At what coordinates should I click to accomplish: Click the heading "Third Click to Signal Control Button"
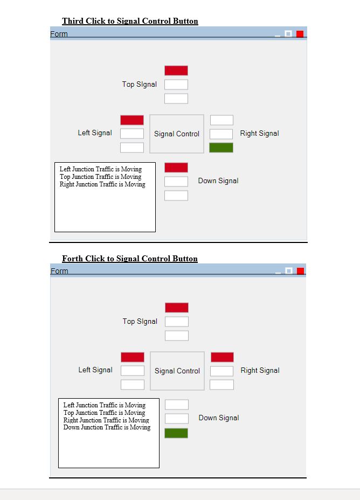pyautogui.click(x=130, y=21)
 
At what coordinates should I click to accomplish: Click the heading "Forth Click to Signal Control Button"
pyautogui.click(x=130, y=259)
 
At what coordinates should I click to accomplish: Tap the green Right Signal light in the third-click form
pyautogui.click(x=221, y=148)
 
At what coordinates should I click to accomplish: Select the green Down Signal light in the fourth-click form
pyautogui.click(x=176, y=433)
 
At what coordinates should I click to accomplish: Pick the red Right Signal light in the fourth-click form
pyautogui.click(x=222, y=357)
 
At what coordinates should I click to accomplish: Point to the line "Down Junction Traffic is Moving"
pyautogui.click(x=107, y=427)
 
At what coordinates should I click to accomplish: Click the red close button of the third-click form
pyautogui.click(x=300, y=34)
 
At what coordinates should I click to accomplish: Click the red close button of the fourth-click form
pyautogui.click(x=300, y=271)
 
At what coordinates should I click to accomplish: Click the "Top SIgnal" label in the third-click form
pyautogui.click(x=140, y=84)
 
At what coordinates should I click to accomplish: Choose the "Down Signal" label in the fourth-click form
pyautogui.click(x=219, y=418)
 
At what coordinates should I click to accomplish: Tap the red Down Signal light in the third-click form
pyautogui.click(x=176, y=168)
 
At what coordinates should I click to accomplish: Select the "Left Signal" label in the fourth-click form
pyautogui.click(x=95, y=370)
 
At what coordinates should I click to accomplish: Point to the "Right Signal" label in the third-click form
pyautogui.click(x=260, y=133)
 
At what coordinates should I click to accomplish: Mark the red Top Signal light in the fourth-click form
pyautogui.click(x=177, y=308)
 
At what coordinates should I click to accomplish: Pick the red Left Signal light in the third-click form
pyautogui.click(x=132, y=120)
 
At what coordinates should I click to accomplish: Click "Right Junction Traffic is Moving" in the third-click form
pyautogui.click(x=102, y=184)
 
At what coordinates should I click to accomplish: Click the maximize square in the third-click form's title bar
pyautogui.click(x=288, y=34)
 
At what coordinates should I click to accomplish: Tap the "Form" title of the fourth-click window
pyautogui.click(x=59, y=271)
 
